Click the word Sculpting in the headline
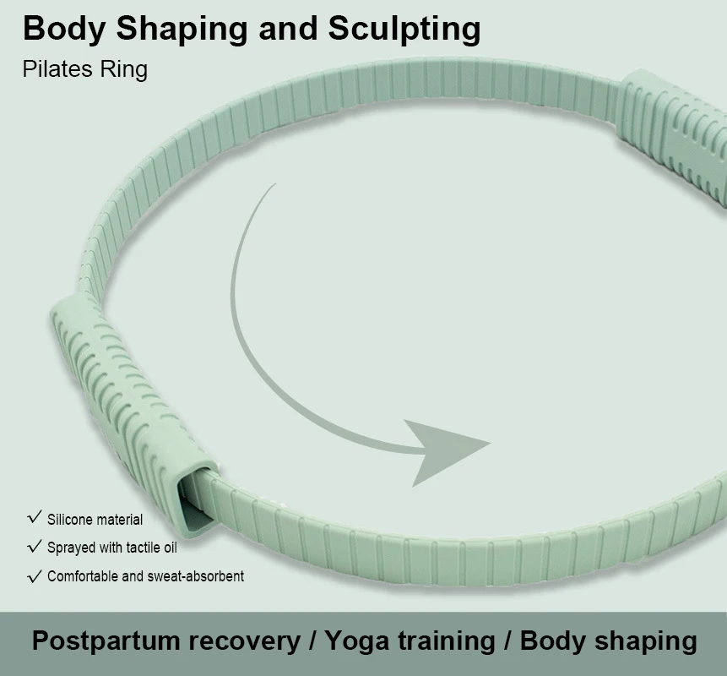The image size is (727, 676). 404,30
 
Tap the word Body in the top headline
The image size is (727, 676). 64,30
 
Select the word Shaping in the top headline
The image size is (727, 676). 182,30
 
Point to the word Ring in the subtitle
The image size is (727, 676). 124,70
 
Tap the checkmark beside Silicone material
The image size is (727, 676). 35,517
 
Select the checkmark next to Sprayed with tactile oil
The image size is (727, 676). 35,546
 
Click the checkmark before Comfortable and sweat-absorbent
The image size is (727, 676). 35,575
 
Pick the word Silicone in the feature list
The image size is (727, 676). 68,519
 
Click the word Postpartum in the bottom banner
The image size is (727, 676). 106,641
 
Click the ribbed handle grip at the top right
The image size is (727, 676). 673,134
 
